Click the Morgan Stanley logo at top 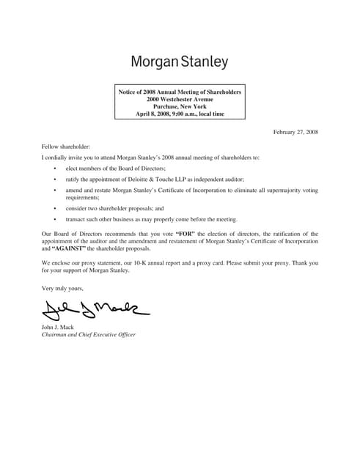coord(180,62)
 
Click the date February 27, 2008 coord(295,132)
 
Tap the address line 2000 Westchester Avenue coord(180,99)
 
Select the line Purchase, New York coord(180,106)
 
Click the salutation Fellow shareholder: coord(66,147)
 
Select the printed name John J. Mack coord(61,327)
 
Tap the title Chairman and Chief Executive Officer coord(89,335)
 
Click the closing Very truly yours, coord(62,289)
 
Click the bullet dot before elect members coord(55,169)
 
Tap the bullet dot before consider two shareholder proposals coord(55,208)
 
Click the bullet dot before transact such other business coord(55,219)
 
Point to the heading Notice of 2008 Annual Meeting coord(180,92)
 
